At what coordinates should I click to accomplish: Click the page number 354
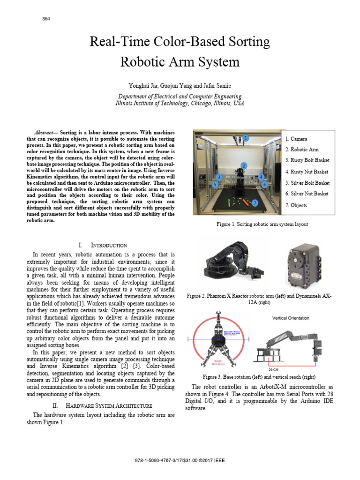point(46,19)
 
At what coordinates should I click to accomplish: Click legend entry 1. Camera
point(296,139)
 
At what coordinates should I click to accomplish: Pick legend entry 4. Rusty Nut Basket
point(307,172)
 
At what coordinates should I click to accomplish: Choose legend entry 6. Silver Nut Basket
point(307,194)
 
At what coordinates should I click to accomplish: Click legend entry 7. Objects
point(296,205)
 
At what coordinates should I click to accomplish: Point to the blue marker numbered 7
point(255,203)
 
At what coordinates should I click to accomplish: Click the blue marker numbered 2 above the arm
point(244,165)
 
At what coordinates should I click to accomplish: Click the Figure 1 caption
point(262,225)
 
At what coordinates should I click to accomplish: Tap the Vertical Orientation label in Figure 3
point(291,318)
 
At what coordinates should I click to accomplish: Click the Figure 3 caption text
point(259,377)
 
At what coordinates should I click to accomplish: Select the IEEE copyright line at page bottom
point(180,460)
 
